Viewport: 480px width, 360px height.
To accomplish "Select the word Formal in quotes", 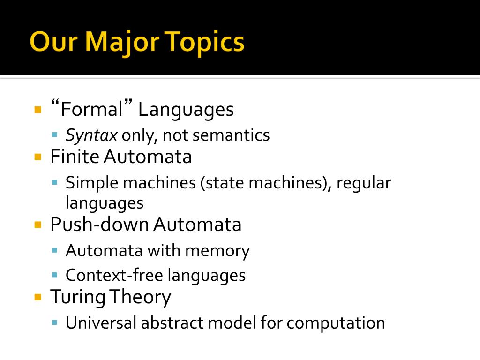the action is [x=92, y=108].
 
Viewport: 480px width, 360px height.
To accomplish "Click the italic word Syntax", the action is [x=91, y=135].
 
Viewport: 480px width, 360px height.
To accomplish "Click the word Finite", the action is [x=75, y=157].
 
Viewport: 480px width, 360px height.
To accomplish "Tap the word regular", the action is [x=364, y=184].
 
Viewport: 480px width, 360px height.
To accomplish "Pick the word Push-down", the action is [x=99, y=224].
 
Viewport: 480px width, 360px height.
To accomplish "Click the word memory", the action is [x=217, y=251].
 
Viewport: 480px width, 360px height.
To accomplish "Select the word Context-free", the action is [x=114, y=275].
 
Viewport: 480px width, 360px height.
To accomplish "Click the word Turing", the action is [x=78, y=297].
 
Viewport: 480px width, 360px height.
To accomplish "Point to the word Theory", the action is [x=140, y=297].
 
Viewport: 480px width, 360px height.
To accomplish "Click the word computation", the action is [x=336, y=323].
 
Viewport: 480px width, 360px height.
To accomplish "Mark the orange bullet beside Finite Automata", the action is [x=38, y=157].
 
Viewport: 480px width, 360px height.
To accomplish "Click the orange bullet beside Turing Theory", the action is [x=38, y=297].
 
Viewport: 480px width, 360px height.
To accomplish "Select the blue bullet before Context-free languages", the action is [x=55, y=275].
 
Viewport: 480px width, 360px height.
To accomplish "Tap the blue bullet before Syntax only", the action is [x=55, y=135].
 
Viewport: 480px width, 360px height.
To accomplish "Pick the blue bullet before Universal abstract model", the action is [x=55, y=322].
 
